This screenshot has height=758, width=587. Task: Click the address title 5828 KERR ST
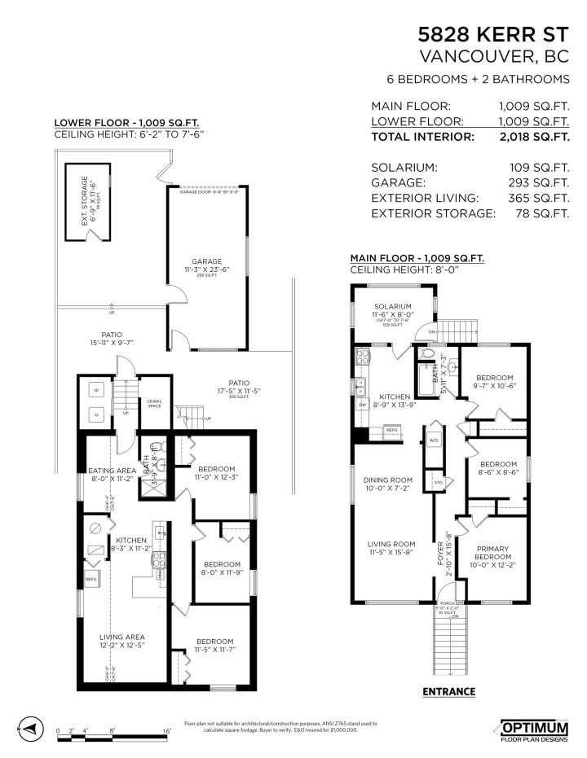point(493,34)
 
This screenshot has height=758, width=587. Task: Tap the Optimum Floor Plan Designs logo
point(534,729)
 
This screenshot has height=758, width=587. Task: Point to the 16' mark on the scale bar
point(166,731)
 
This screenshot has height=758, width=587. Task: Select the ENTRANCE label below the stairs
point(448,691)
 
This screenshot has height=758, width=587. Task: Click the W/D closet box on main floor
point(433,440)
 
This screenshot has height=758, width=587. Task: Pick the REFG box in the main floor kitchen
point(391,429)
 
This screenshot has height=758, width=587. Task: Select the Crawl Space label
point(155,403)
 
